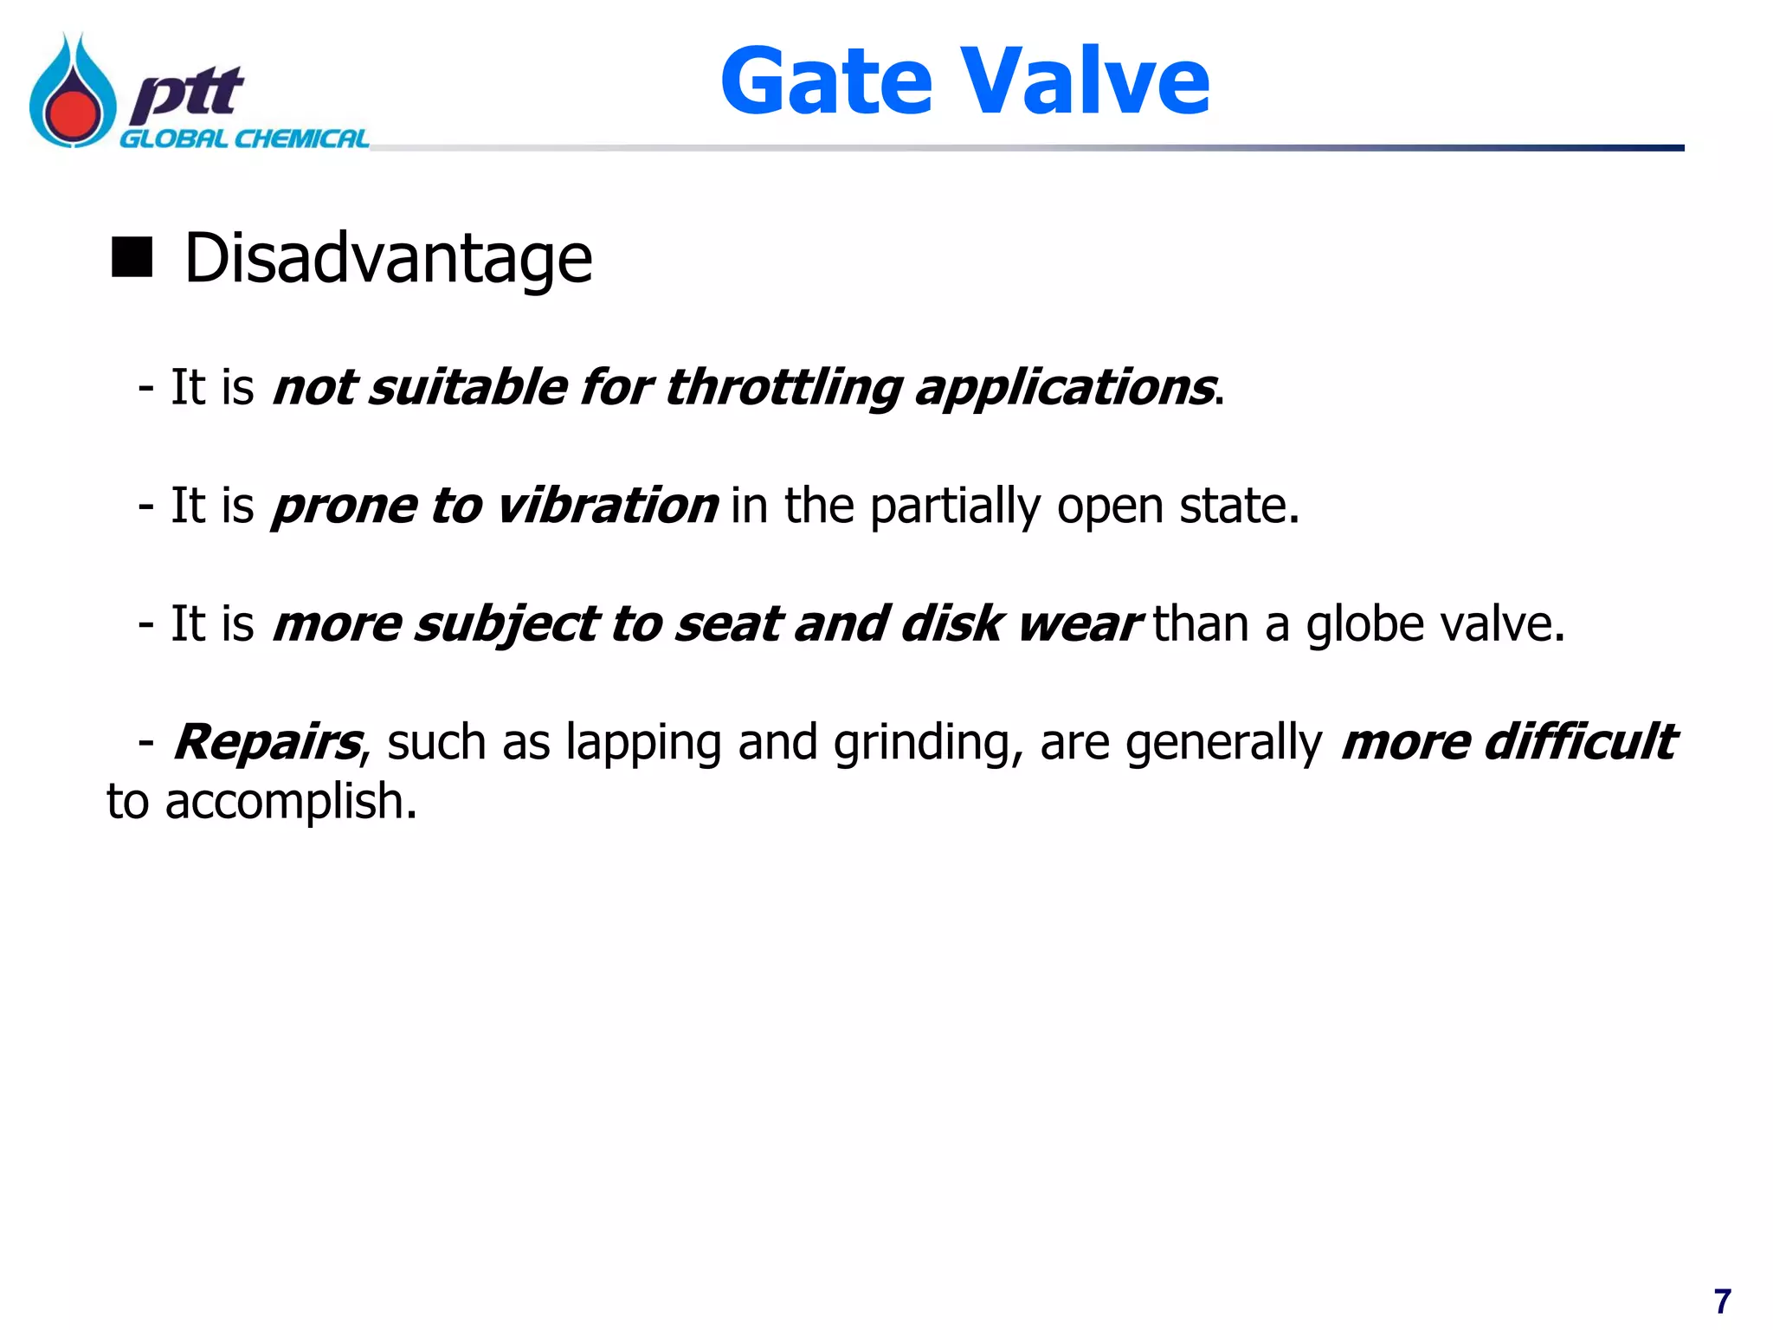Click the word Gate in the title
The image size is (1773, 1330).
(827, 82)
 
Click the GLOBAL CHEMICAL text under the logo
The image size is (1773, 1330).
(244, 139)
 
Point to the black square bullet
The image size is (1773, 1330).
(132, 257)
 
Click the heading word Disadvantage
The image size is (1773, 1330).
(389, 259)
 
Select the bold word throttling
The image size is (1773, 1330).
(783, 387)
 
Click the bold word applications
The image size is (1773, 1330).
(1064, 387)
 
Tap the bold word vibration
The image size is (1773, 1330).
(607, 506)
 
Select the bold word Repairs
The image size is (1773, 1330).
(268, 743)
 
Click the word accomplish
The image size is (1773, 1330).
(291, 802)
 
